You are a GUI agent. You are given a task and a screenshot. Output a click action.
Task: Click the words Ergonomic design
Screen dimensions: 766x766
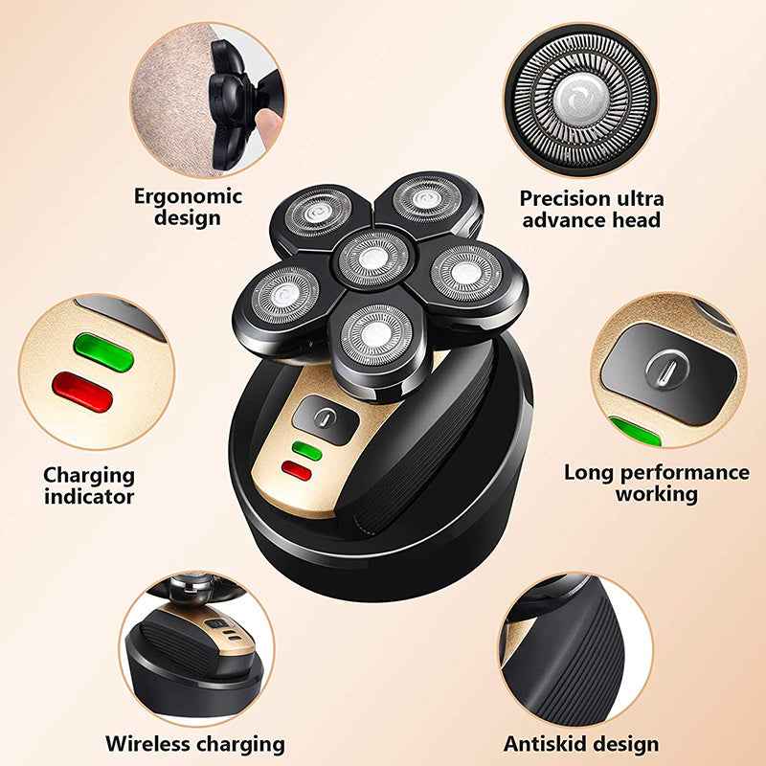point(190,207)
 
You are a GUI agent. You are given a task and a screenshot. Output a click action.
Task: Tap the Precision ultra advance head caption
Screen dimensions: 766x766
point(591,209)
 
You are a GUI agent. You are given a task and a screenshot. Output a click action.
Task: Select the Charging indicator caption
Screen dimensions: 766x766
point(89,484)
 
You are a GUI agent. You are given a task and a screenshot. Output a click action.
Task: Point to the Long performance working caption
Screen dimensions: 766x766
point(656,483)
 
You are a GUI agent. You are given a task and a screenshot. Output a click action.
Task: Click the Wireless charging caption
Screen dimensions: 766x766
point(195,743)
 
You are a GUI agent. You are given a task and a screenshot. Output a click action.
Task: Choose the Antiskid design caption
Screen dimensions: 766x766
point(581,743)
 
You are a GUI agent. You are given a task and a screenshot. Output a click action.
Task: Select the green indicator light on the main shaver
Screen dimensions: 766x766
point(308,447)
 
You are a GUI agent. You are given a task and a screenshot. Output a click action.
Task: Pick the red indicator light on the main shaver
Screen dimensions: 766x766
point(298,470)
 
